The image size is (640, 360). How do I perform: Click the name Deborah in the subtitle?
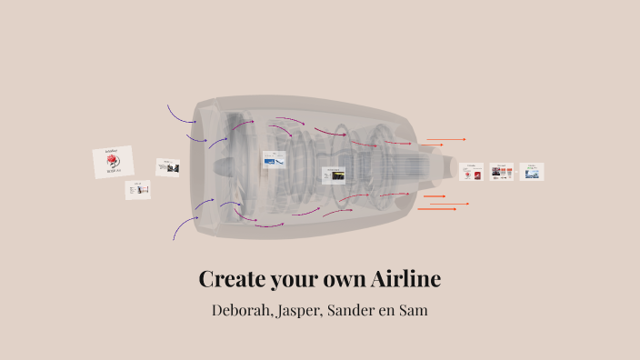(243, 310)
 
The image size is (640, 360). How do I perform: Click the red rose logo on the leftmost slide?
(113, 163)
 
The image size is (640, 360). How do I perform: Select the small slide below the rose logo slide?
(138, 189)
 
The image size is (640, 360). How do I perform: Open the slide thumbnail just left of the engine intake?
(168, 167)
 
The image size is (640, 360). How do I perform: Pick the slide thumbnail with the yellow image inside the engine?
(334, 175)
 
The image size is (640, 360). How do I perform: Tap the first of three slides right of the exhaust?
(471, 172)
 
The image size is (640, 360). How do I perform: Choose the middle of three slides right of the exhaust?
(502, 171)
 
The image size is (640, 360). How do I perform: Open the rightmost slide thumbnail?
(532, 171)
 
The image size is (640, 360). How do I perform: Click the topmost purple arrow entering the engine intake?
(181, 115)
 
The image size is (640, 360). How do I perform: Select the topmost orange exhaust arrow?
(445, 140)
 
